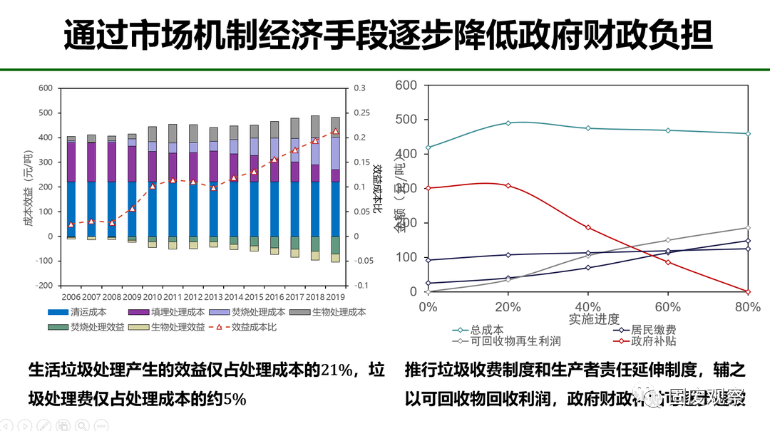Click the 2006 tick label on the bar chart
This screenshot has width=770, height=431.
point(71,296)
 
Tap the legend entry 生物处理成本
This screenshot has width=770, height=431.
point(339,312)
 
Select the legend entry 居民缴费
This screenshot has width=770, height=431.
point(653,330)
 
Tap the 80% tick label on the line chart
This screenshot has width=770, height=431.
point(747,306)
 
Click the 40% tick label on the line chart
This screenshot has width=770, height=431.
point(587,306)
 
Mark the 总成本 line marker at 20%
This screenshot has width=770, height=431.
point(508,123)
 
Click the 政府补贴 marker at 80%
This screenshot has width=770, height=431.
point(747,291)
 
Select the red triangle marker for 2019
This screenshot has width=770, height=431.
point(335,132)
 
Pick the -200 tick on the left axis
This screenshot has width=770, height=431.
point(44,285)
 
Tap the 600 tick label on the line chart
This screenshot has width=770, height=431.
point(406,85)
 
